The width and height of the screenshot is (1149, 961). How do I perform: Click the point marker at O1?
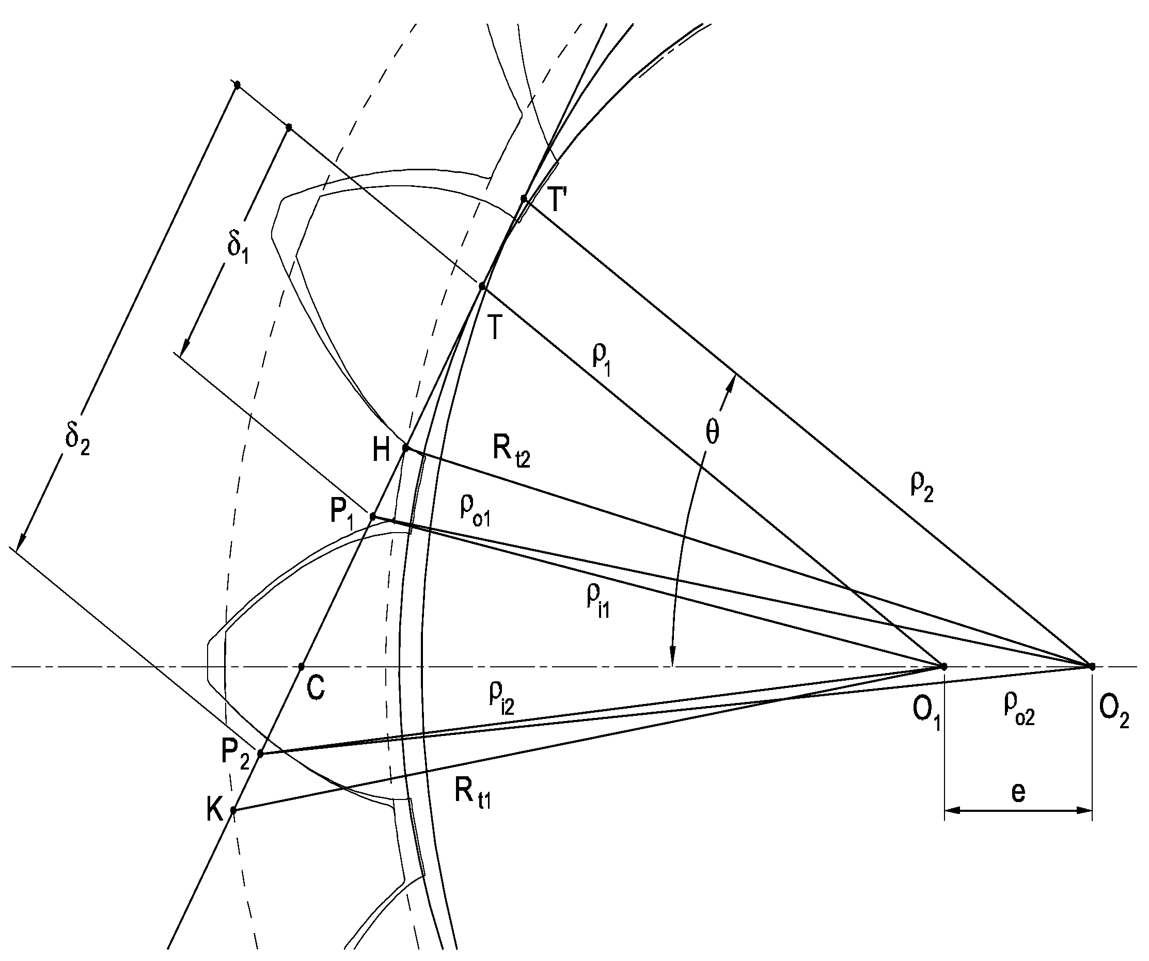coord(944,666)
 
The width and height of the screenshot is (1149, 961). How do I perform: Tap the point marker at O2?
coord(1092,666)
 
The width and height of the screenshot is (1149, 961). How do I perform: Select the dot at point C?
coord(302,666)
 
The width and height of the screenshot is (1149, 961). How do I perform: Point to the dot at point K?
coord(233,810)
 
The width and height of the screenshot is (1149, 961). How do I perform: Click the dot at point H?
coord(406,448)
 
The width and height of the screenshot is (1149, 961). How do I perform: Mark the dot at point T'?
coord(524,199)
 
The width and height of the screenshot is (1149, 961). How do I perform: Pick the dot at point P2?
coord(260,754)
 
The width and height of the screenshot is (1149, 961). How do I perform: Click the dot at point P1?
coord(373,516)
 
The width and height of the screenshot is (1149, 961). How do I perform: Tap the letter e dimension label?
coord(1018,793)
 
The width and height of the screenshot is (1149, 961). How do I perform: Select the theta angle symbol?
coord(712,433)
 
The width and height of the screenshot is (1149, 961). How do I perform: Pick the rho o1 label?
coord(475,511)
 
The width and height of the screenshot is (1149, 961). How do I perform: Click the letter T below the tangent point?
coord(495,329)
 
